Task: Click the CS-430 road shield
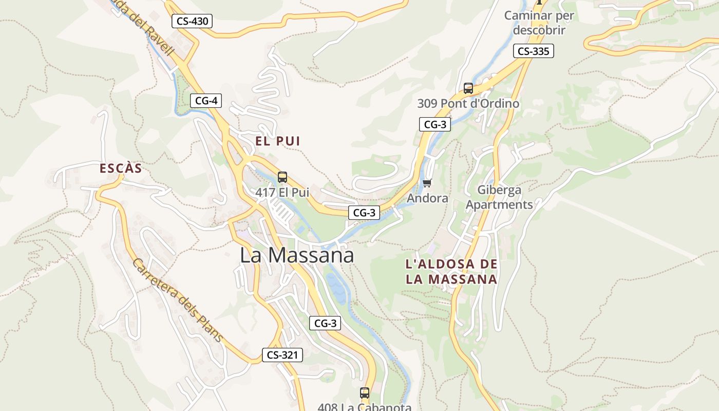pyautogui.click(x=192, y=21)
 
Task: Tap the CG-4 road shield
pyautogui.click(x=206, y=101)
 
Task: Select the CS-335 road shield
pyautogui.click(x=533, y=51)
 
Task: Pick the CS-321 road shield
pyautogui.click(x=282, y=354)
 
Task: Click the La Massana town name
pyautogui.click(x=297, y=255)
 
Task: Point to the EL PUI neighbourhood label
pyautogui.click(x=278, y=141)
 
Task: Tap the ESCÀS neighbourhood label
pyautogui.click(x=121, y=169)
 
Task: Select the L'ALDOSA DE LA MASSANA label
pyautogui.click(x=451, y=272)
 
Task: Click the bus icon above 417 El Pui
pyautogui.click(x=282, y=178)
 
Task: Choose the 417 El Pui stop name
pyautogui.click(x=282, y=193)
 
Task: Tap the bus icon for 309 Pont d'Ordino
pyautogui.click(x=468, y=88)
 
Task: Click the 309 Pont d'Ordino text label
pyautogui.click(x=468, y=103)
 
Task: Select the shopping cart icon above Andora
pyautogui.click(x=427, y=183)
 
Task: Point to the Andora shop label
pyautogui.click(x=427, y=198)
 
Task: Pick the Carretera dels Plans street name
pyautogui.click(x=178, y=300)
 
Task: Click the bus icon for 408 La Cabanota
pyautogui.click(x=365, y=393)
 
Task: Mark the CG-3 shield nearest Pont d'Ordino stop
pyautogui.click(x=435, y=124)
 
